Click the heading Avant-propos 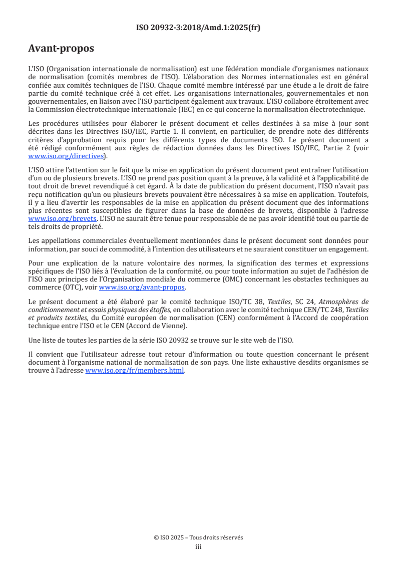click(x=61, y=49)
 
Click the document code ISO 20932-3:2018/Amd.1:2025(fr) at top click(x=198, y=28)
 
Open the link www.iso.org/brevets click(x=62, y=219)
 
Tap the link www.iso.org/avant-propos click(x=142, y=287)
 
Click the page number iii click(x=198, y=546)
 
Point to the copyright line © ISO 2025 click(x=198, y=537)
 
